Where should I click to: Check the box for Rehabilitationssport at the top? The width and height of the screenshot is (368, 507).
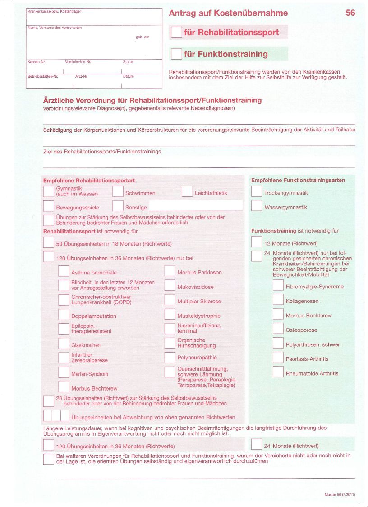point(176,32)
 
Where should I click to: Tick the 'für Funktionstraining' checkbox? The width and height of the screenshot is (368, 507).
point(176,54)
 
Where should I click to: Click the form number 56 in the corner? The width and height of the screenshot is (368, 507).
point(350,13)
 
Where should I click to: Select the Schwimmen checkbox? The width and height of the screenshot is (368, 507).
point(118,192)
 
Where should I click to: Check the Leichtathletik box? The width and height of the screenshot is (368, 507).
point(187,192)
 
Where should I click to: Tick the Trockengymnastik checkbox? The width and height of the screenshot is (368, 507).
point(257,192)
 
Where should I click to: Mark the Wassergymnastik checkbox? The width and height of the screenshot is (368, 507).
point(257,207)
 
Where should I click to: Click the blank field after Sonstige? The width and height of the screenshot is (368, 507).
point(195,207)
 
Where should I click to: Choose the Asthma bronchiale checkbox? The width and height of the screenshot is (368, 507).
point(64,272)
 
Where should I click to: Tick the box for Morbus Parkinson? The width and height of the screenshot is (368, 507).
point(170,272)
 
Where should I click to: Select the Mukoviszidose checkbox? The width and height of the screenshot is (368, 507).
point(170,286)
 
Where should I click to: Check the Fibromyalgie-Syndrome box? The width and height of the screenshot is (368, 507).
point(278,286)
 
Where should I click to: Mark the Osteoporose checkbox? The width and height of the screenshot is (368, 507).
point(278,330)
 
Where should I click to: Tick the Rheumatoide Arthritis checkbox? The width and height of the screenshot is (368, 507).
point(278,373)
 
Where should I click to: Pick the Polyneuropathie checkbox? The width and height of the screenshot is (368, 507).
point(170,358)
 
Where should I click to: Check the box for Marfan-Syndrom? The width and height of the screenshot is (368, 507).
point(64,373)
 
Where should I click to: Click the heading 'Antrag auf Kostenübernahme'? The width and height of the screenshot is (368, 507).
point(228,13)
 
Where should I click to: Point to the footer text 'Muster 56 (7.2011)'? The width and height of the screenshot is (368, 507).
point(340,495)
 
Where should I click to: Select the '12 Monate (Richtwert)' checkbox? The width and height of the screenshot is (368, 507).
point(257,243)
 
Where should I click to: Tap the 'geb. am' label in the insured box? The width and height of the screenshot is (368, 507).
point(142,37)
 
